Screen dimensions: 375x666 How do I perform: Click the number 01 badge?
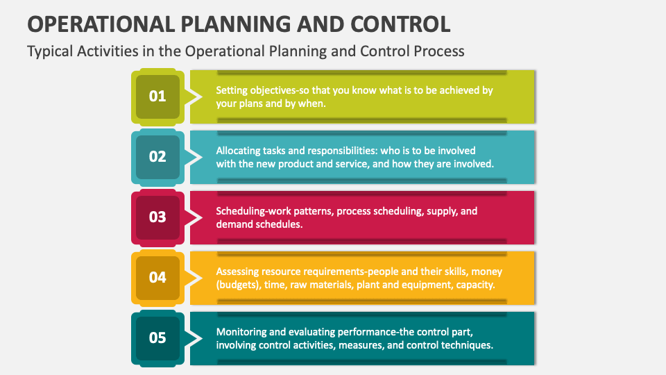tap(157, 97)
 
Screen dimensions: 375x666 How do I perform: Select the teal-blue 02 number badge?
tap(157, 156)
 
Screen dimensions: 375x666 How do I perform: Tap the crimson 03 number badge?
tap(157, 217)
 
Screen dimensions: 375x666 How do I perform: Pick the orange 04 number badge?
tap(157, 277)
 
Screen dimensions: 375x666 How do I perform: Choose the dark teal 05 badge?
tap(157, 337)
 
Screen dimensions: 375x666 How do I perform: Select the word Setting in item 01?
tap(231, 90)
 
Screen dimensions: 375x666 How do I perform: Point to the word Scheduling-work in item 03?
tap(255, 211)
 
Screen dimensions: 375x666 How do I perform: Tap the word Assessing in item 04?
tap(238, 272)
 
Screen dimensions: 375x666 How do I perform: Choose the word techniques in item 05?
tap(468, 345)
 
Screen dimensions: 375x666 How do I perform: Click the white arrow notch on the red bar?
tap(196, 217)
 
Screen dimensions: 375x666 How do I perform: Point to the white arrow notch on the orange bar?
tap(196, 277)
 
